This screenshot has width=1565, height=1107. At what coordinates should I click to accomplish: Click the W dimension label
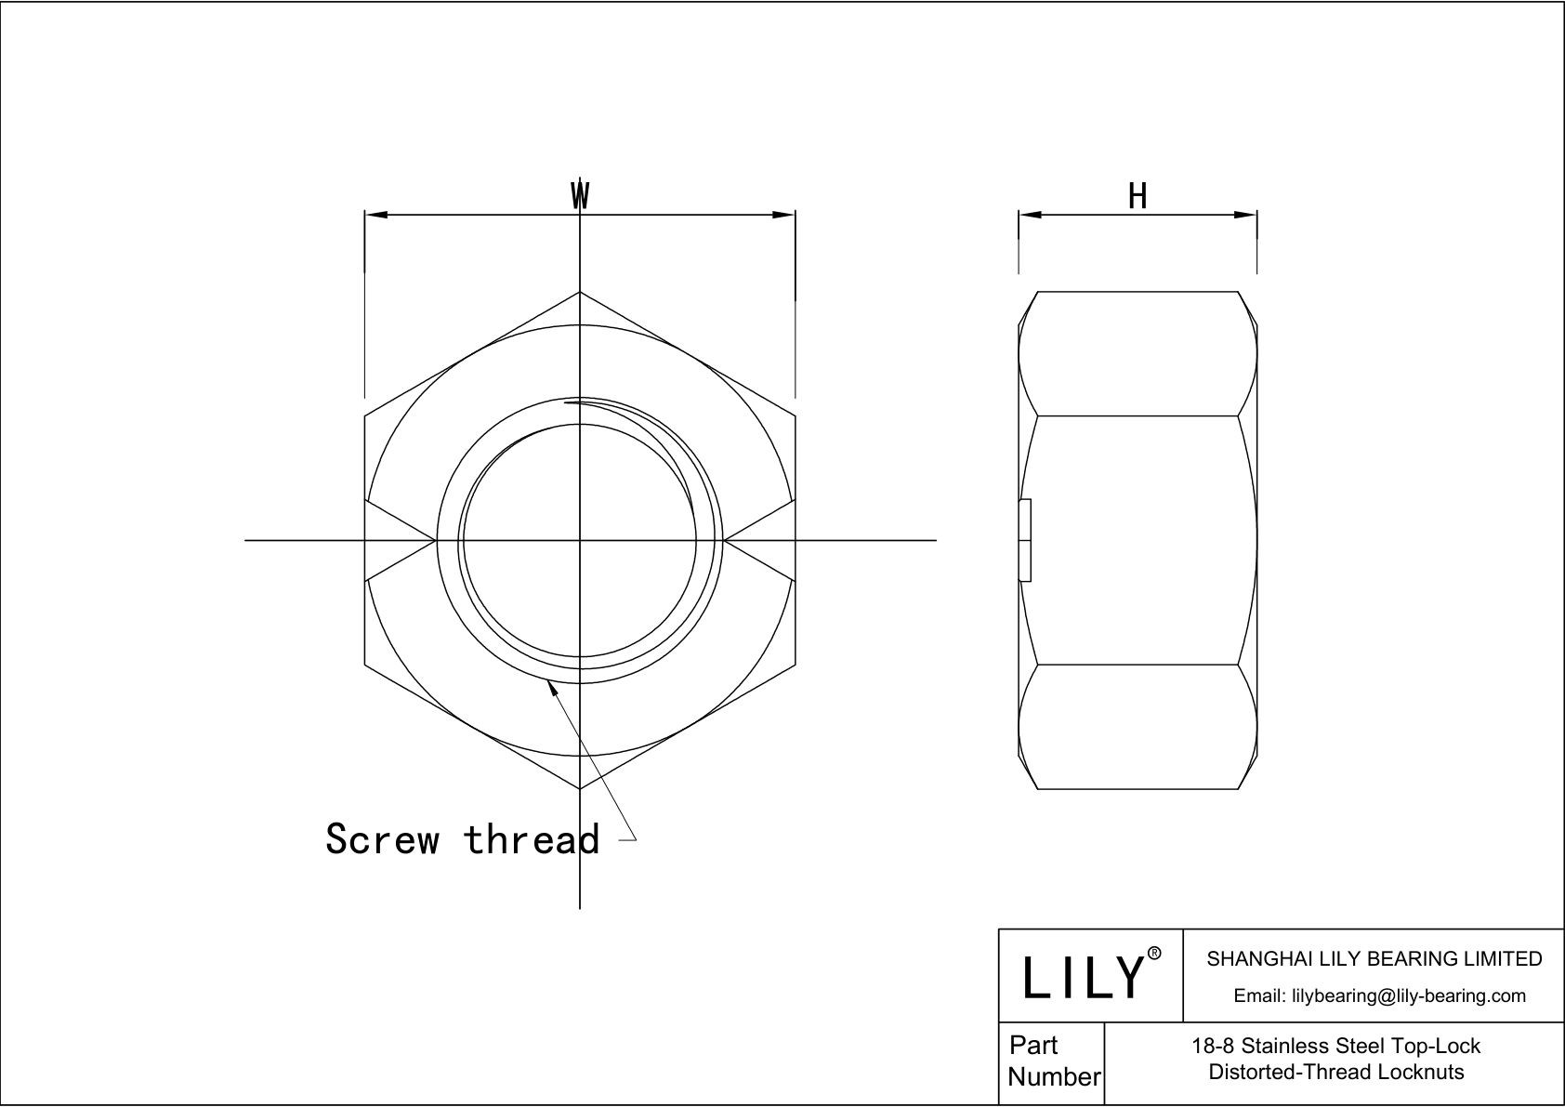point(580,195)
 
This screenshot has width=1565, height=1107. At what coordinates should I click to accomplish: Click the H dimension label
point(1138,196)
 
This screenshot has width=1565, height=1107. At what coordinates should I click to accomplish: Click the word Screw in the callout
point(382,838)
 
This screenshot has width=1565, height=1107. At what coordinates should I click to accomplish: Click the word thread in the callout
point(531,838)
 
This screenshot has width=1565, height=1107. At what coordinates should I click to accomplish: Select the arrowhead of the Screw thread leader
point(552,687)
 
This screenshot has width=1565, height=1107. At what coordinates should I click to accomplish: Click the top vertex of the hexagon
point(580,292)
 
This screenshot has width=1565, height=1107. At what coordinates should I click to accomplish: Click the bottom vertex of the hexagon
point(580,789)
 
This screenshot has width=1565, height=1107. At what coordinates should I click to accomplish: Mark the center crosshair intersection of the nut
point(580,539)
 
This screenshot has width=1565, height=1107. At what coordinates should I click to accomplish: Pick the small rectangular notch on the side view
point(1025,540)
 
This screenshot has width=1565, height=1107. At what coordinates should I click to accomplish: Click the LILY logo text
point(1083,977)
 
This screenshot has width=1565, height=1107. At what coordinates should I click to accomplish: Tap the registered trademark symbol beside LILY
point(1154,954)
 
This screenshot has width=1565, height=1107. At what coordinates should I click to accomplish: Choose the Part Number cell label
point(1053,1061)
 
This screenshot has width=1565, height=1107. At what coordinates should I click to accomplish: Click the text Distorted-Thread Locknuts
point(1335,1072)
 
